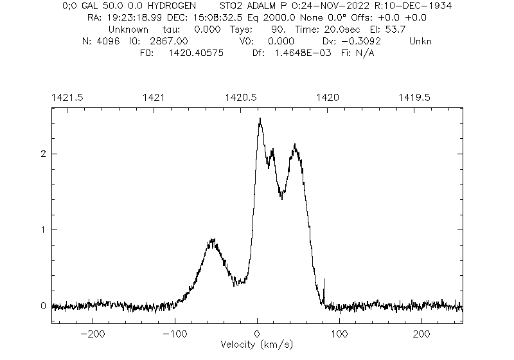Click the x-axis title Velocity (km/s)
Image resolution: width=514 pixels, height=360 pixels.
(x=258, y=345)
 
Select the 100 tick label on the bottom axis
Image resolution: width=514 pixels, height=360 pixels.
(x=339, y=334)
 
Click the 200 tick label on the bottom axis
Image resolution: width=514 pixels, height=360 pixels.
(x=421, y=334)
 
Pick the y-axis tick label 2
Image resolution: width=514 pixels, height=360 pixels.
(x=44, y=154)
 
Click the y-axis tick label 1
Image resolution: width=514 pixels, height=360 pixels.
(x=44, y=230)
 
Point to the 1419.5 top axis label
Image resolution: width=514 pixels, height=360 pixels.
(x=415, y=97)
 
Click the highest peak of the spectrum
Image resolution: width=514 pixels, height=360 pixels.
(x=260, y=119)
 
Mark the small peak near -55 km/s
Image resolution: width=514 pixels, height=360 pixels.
(x=211, y=240)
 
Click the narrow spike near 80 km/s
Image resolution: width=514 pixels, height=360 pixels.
(x=324, y=280)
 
